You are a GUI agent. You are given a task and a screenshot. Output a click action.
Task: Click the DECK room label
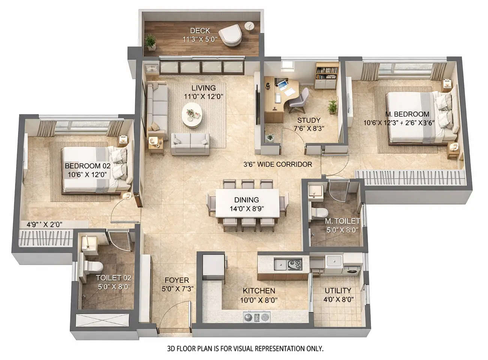pyautogui.click(x=200, y=31)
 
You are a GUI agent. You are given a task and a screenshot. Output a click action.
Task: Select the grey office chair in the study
pyautogui.click(x=299, y=100)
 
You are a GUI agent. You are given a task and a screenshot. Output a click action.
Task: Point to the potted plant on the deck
pyautogui.click(x=151, y=41)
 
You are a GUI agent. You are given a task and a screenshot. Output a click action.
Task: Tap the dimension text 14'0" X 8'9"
pyautogui.click(x=247, y=209)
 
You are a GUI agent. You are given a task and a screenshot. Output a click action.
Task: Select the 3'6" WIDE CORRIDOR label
pyautogui.click(x=278, y=164)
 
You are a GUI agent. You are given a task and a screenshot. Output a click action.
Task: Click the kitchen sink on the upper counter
pyautogui.click(x=280, y=264)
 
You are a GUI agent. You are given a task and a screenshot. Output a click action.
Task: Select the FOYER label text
pyautogui.click(x=177, y=280)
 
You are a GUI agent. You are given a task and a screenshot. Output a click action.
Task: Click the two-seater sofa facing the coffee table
pyautogui.click(x=190, y=143)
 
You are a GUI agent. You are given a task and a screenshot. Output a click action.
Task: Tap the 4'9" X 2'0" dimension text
pyautogui.click(x=44, y=224)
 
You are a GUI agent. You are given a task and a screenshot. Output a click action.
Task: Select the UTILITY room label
pyautogui.click(x=338, y=291)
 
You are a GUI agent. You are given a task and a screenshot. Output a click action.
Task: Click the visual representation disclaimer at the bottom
pyautogui.click(x=245, y=349)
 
